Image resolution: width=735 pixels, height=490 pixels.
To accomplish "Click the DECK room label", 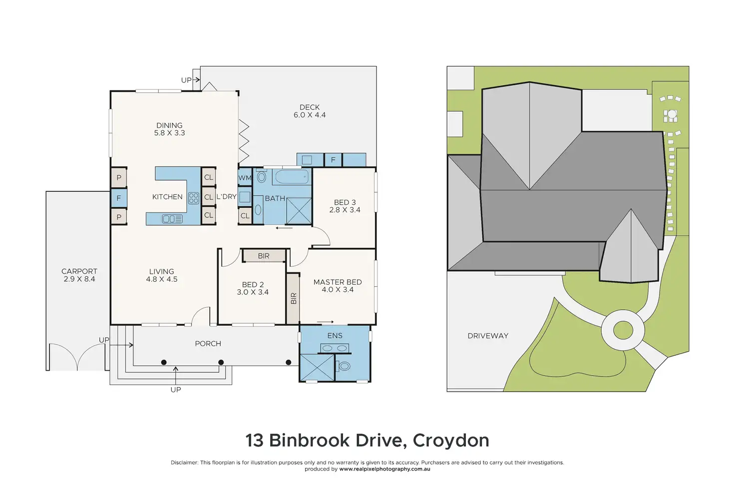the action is click(x=310, y=107).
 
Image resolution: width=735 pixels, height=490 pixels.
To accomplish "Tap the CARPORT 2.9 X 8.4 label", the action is click(x=79, y=275).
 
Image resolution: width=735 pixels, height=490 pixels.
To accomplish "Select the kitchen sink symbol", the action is click(x=172, y=219).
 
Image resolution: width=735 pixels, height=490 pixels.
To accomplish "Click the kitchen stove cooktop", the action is click(x=194, y=197).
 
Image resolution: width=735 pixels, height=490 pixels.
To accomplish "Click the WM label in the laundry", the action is click(x=245, y=178).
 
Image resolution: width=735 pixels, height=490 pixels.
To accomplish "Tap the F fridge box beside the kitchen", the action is click(x=119, y=198).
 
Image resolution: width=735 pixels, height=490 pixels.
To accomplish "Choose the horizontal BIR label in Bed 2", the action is click(x=264, y=256).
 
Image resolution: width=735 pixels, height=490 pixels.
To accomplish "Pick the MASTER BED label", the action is click(x=338, y=282).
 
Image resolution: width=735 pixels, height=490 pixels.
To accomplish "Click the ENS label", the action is click(x=335, y=336).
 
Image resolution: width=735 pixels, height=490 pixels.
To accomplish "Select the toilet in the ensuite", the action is click(x=345, y=367).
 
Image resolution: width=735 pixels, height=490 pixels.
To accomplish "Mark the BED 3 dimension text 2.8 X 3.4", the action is click(x=345, y=210).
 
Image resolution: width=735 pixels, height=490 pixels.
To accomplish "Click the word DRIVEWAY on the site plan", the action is click(x=488, y=336).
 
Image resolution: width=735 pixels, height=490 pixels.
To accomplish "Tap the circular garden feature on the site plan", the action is click(x=623, y=330).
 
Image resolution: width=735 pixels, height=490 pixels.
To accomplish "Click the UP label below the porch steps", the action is click(x=176, y=390).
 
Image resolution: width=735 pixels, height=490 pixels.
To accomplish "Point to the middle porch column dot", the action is click(x=221, y=362).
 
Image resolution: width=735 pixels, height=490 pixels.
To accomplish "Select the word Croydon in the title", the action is click(x=451, y=441).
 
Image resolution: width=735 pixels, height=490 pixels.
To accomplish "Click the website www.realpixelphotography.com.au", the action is click(x=384, y=469).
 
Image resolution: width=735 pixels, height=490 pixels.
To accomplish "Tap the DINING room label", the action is click(x=169, y=125).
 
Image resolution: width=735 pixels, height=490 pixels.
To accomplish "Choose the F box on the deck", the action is click(x=333, y=160).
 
